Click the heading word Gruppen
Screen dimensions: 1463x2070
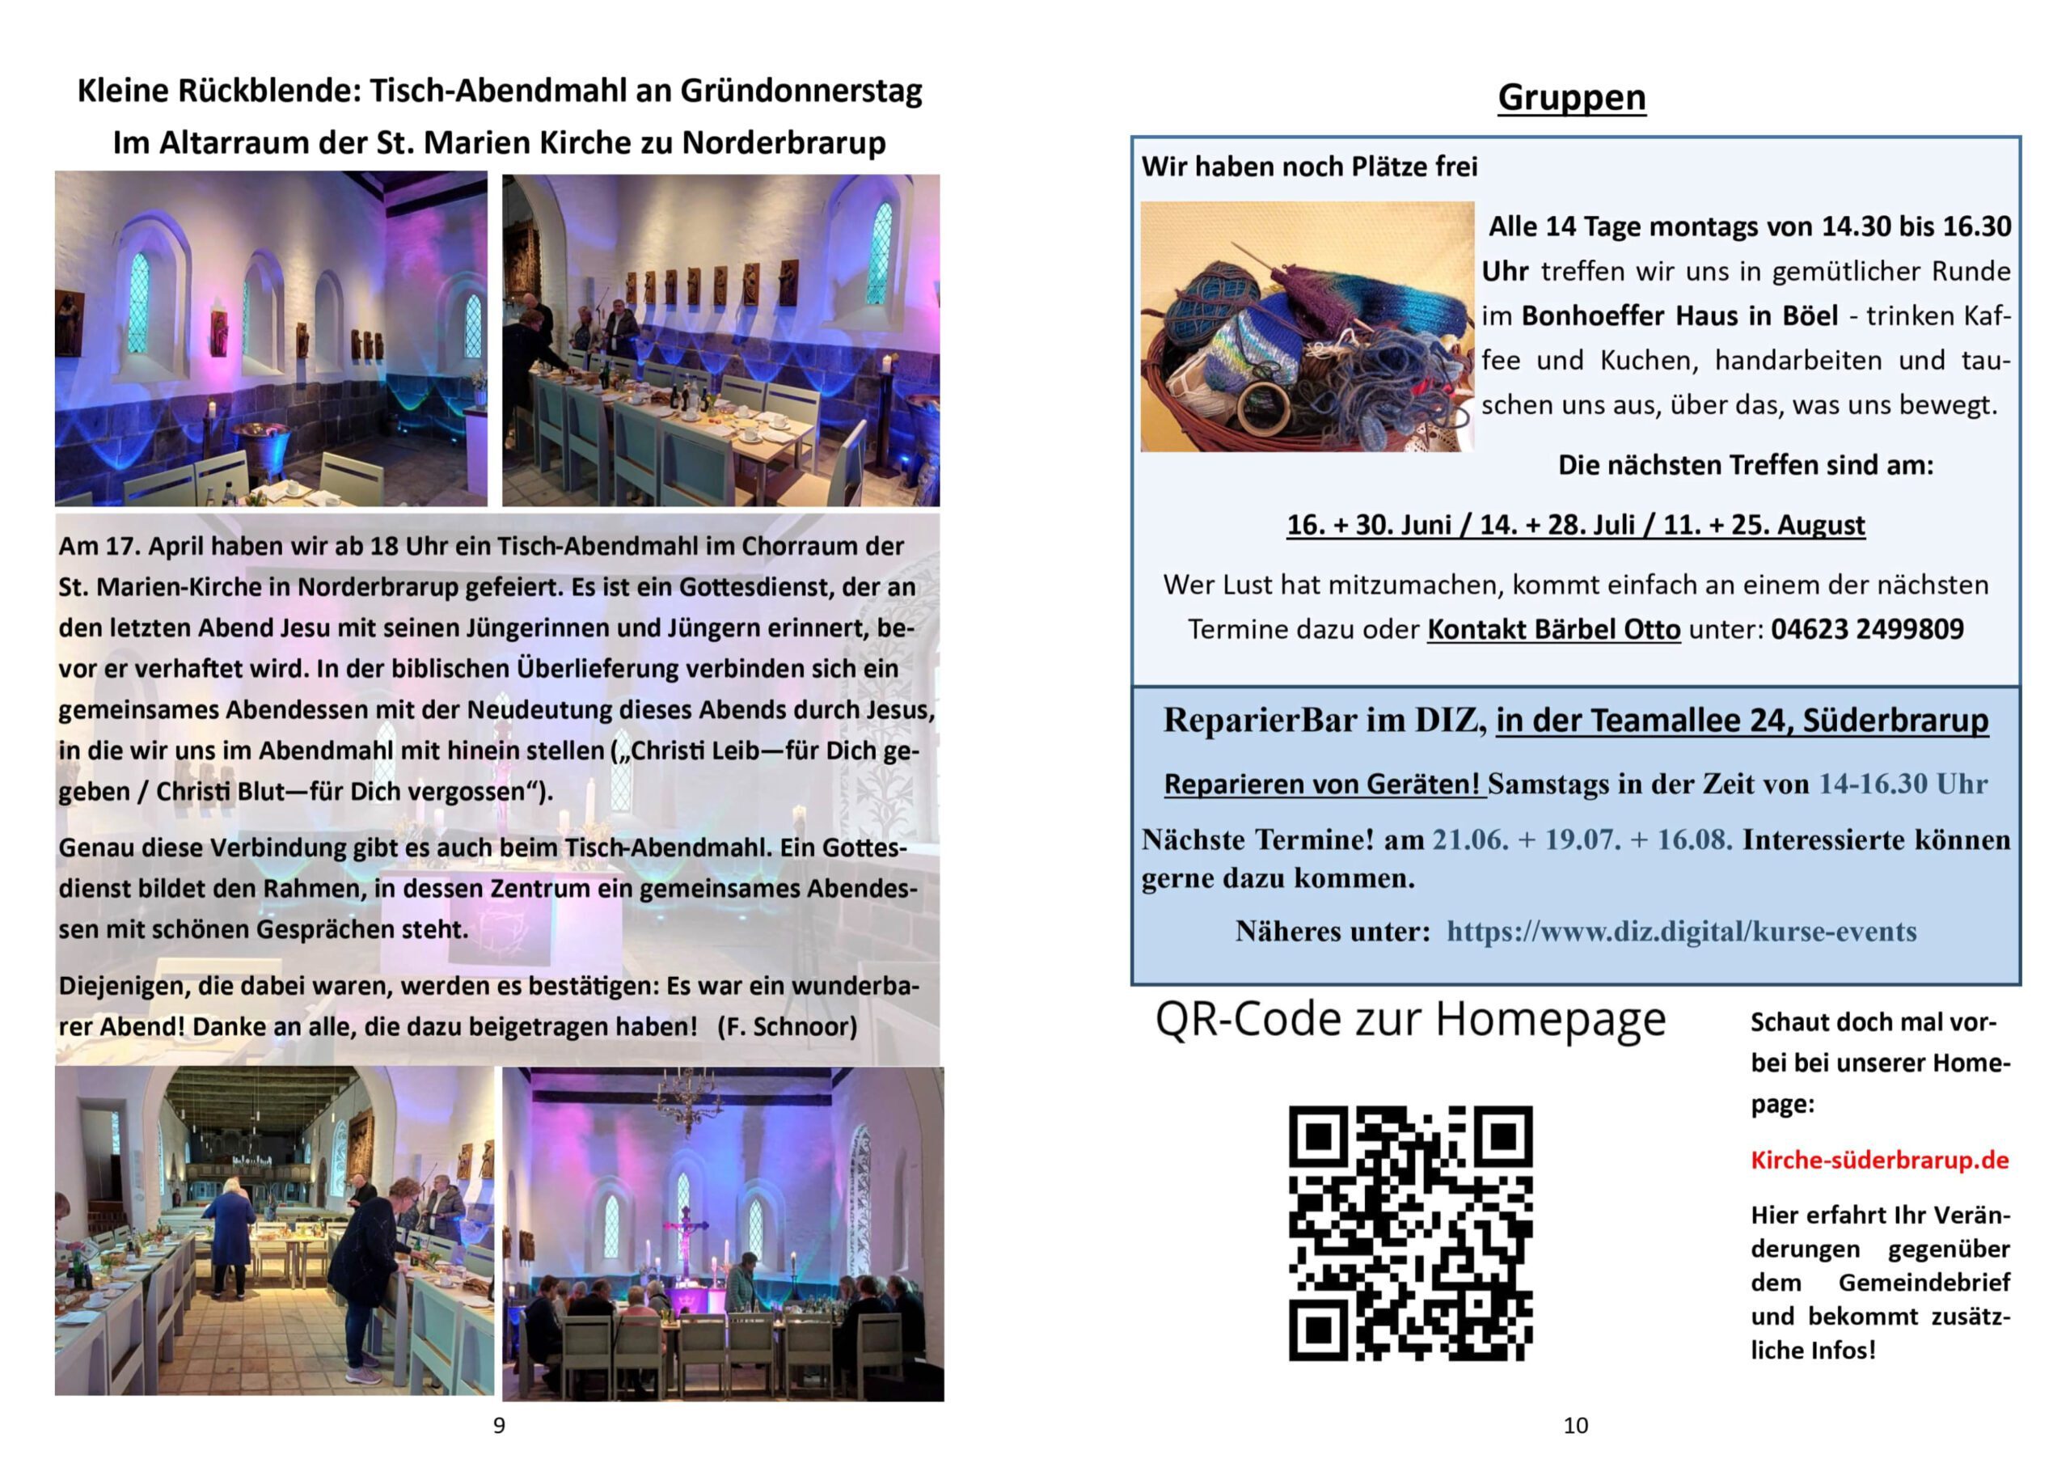point(1571,97)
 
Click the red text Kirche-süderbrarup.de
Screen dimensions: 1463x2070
point(1880,1160)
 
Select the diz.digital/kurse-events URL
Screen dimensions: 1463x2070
point(1681,931)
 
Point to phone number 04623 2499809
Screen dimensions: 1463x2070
point(1867,628)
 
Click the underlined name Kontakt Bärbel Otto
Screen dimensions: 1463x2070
point(1553,628)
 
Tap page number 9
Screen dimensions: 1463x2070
point(499,1425)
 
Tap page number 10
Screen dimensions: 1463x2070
point(1575,1425)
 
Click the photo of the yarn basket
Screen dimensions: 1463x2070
point(1307,327)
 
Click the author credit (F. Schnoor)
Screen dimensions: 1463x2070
point(787,1026)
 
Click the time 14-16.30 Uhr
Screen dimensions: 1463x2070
point(1903,784)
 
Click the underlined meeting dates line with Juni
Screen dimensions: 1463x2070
point(1575,525)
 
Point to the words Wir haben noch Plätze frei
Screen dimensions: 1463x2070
point(1309,167)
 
